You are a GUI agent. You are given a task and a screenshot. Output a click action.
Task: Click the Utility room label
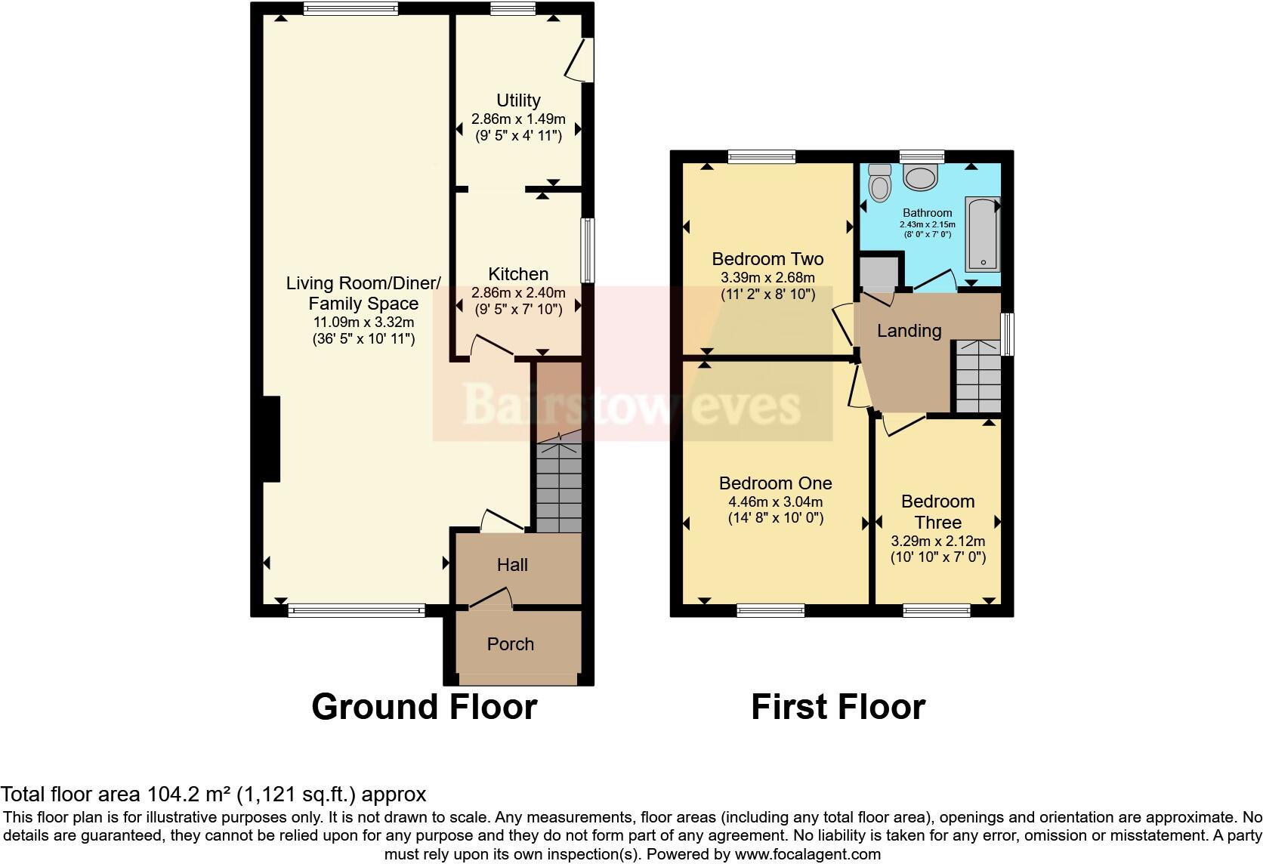coord(518,100)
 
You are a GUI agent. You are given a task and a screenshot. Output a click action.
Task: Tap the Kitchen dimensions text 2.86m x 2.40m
coord(518,292)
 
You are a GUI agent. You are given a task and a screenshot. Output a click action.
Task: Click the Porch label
coord(511,644)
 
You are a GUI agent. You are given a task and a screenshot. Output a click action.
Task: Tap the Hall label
coord(512,565)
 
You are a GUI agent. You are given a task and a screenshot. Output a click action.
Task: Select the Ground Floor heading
coord(424,707)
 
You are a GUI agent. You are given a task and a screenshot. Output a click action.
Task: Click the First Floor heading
coord(838,707)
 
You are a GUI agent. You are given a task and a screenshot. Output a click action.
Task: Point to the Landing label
coord(909,331)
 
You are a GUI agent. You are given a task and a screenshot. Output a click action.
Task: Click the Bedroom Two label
coord(767,259)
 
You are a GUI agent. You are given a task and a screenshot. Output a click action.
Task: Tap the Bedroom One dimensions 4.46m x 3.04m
coord(775,501)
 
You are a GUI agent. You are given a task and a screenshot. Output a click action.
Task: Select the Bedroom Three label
coord(938,511)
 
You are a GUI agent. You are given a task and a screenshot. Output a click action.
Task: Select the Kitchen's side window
coord(587,251)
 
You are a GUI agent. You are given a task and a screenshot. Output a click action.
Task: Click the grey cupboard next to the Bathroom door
coord(879,274)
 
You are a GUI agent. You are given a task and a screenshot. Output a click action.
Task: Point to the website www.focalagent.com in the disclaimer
coord(808,855)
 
